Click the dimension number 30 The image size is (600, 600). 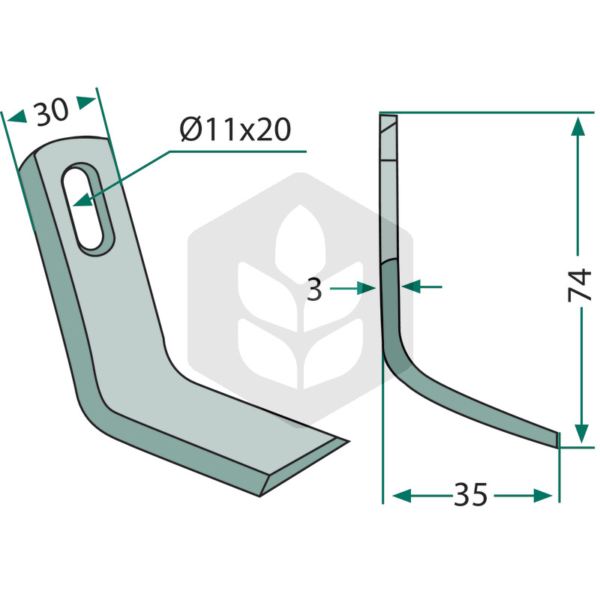(52, 112)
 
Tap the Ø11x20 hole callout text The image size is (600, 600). (235, 129)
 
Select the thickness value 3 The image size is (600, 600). (314, 289)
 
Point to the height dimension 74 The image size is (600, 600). (580, 285)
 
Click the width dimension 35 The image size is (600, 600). (471, 494)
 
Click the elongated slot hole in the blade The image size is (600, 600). (88, 208)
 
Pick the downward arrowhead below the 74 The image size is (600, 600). (582, 433)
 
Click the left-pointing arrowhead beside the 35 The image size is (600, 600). (402, 496)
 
